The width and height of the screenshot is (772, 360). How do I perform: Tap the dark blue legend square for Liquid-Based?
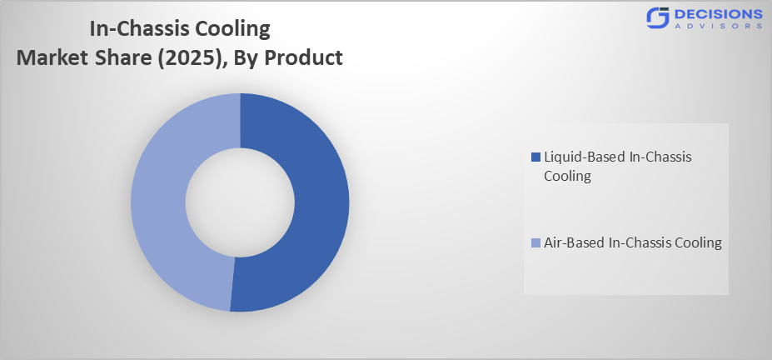[x=535, y=157]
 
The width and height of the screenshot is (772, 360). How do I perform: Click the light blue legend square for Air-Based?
[x=535, y=243]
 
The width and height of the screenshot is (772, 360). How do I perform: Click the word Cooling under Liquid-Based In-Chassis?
[x=568, y=176]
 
